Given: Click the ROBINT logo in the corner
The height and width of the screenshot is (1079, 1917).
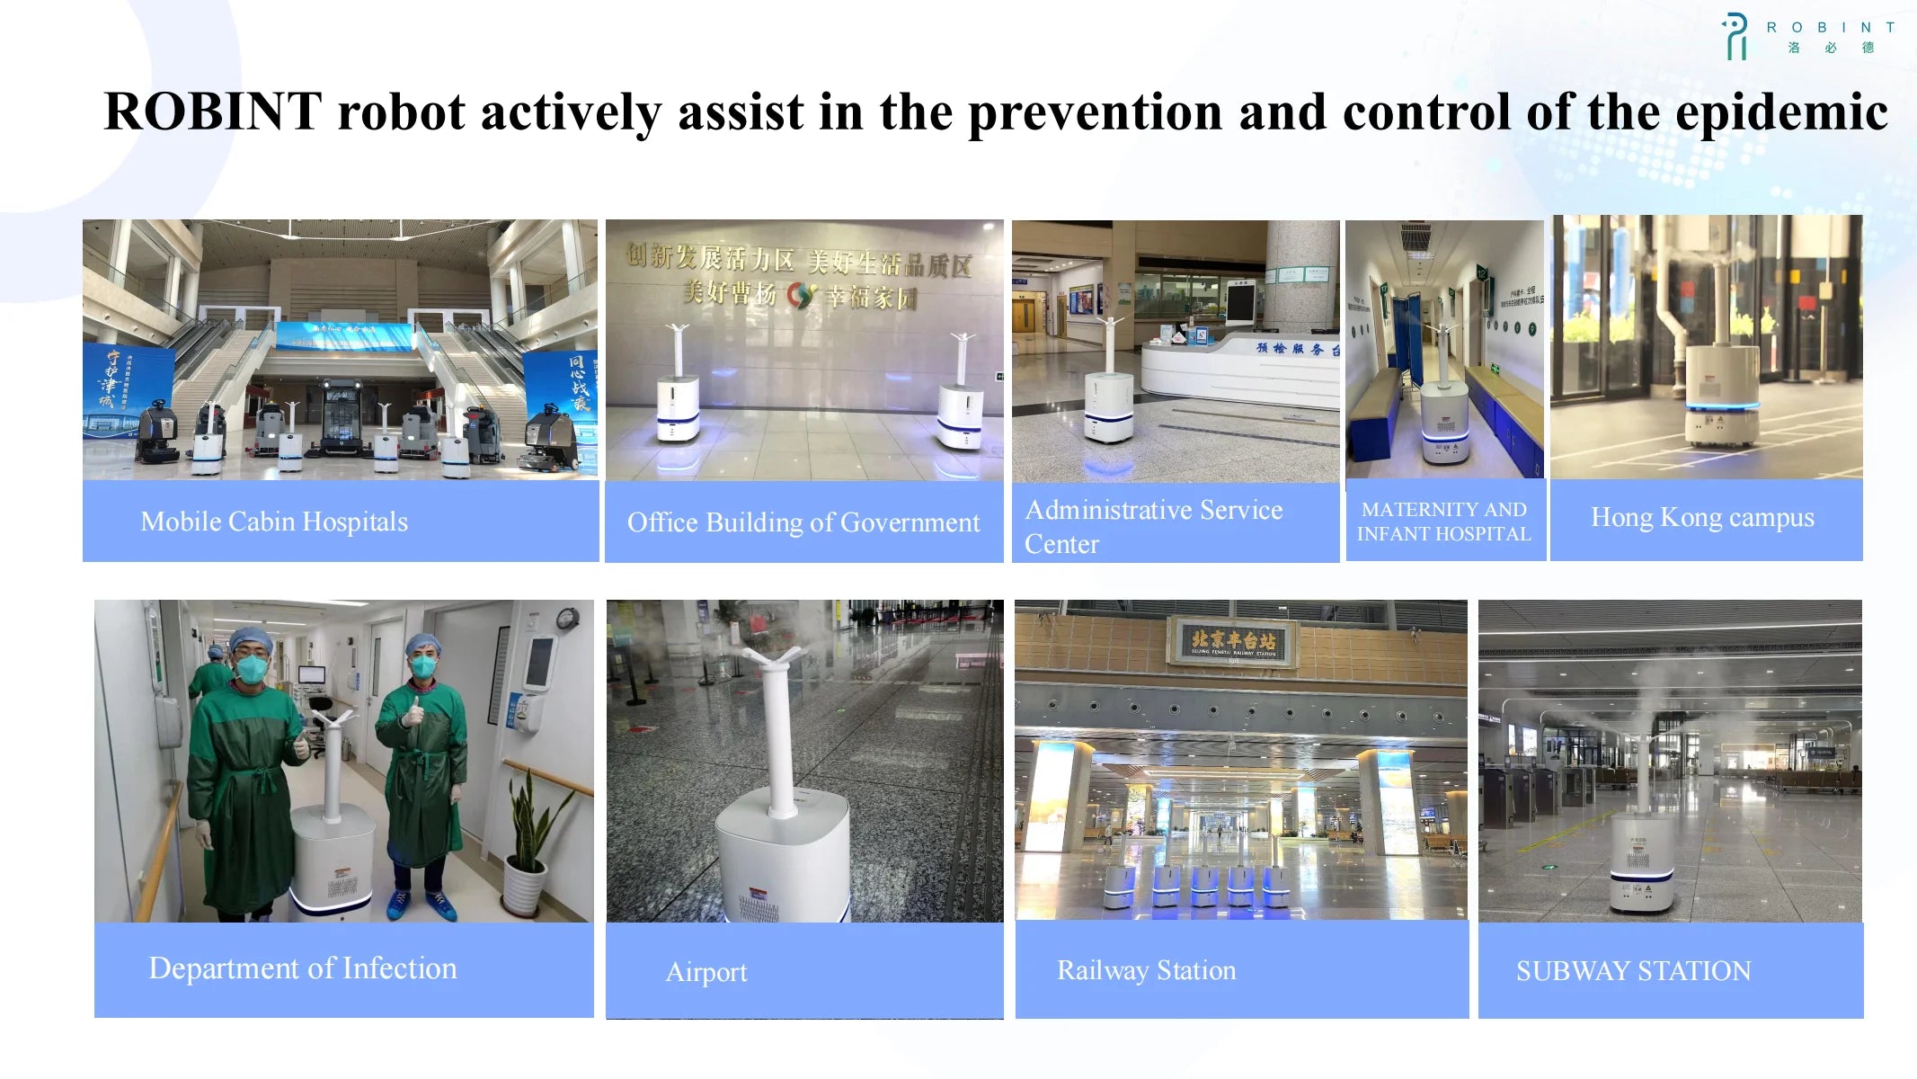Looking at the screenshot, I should [1806, 36].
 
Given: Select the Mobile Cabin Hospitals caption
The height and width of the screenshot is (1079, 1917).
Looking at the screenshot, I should [274, 522].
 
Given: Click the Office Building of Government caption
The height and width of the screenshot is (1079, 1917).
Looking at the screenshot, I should [803, 522].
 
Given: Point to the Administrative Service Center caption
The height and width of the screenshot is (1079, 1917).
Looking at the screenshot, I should [1153, 526].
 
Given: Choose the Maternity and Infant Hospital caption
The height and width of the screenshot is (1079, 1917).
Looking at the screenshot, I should [1443, 522].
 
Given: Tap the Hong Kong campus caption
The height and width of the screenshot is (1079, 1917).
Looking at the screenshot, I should [1702, 518].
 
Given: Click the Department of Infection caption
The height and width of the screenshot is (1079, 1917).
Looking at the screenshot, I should [303, 968].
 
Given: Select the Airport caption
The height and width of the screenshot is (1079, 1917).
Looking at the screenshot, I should [706, 972].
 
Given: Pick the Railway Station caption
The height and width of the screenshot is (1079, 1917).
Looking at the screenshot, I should [1146, 970].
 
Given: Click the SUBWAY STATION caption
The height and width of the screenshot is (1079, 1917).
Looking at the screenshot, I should [1633, 971].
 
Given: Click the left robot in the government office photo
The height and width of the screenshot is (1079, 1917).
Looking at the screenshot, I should [678, 396].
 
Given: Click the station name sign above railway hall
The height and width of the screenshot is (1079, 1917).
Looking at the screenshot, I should [1233, 641].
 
